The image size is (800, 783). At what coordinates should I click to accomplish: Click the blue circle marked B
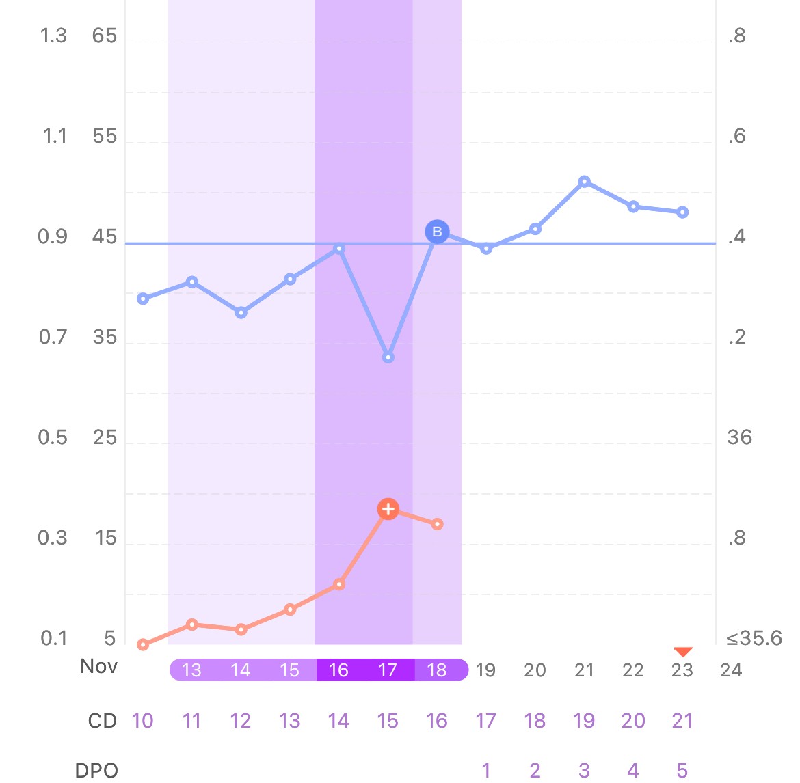pos(437,232)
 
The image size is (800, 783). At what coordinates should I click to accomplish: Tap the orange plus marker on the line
pos(388,509)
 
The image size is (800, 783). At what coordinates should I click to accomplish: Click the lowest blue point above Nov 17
pos(388,357)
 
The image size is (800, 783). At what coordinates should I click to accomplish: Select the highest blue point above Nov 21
pos(584,182)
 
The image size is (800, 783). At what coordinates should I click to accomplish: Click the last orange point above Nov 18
pos(437,524)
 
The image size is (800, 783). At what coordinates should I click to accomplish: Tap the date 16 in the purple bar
pos(338,670)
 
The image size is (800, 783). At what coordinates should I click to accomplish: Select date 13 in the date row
pos(192,670)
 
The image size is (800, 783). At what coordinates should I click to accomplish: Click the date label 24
pos(730,670)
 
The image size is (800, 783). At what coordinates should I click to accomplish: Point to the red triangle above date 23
pos(682,652)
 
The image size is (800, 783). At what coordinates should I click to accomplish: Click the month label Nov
pos(98,666)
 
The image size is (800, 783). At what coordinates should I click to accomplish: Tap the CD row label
pos(103,721)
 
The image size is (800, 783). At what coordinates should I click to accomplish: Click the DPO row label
pos(96,770)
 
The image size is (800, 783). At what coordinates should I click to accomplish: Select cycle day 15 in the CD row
pos(388,721)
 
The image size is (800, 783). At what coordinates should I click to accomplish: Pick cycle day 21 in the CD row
pos(682,721)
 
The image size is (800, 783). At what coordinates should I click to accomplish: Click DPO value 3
pos(584,771)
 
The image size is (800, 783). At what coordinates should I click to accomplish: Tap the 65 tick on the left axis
pos(105,36)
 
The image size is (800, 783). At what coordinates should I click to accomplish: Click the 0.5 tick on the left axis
pos(53,437)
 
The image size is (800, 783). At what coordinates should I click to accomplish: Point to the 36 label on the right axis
pos(739,437)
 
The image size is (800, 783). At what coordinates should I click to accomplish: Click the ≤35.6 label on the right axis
pos(754,639)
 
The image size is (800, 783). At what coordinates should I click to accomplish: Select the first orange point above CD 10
pos(143,644)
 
